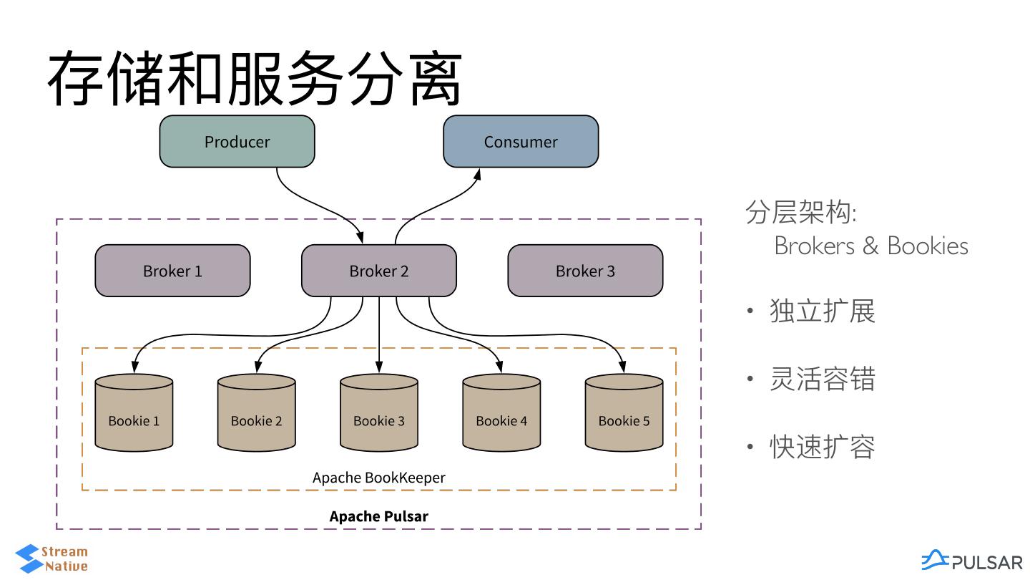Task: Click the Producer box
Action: tap(237, 142)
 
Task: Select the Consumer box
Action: tap(521, 142)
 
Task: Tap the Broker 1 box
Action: tap(172, 271)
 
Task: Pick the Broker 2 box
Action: tap(379, 271)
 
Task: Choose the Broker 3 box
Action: tap(585, 271)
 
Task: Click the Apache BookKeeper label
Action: tap(379, 478)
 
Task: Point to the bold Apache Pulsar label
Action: tap(379, 516)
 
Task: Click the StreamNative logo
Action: tap(52, 559)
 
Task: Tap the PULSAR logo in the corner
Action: tap(972, 561)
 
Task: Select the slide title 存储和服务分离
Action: tap(255, 79)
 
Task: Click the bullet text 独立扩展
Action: tap(823, 311)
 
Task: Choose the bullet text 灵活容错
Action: tap(823, 380)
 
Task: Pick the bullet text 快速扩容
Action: tap(823, 448)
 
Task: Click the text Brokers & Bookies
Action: tap(871, 246)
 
